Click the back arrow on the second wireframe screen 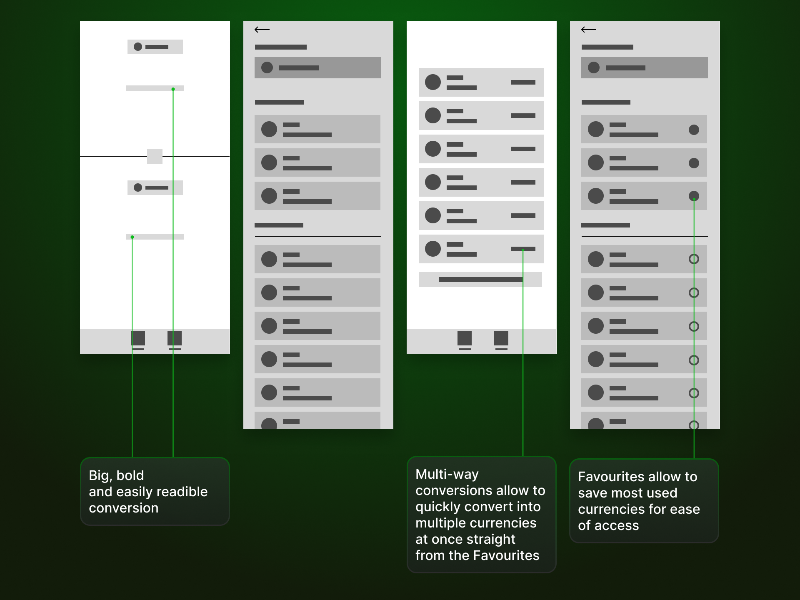click(262, 30)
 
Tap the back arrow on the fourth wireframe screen click(589, 30)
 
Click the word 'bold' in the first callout click(130, 475)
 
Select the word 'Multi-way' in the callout click(447, 475)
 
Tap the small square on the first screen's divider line click(155, 156)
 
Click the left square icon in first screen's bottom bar click(138, 338)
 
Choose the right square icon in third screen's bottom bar click(501, 338)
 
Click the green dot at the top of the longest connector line click(173, 89)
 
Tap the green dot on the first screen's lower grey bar click(132, 237)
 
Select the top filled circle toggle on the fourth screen click(694, 130)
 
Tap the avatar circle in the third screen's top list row click(433, 82)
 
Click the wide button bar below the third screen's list click(480, 280)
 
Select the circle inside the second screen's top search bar click(267, 67)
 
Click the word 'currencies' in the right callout click(607, 509)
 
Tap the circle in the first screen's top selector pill click(138, 47)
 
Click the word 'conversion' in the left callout click(124, 508)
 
